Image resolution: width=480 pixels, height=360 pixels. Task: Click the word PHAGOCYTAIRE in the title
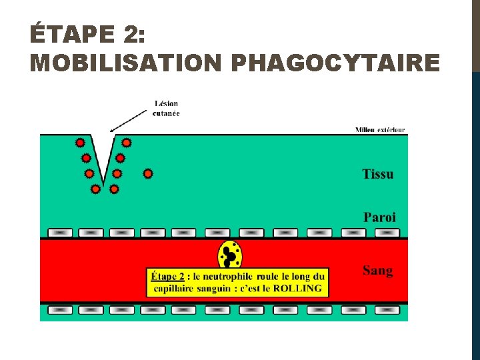click(335, 63)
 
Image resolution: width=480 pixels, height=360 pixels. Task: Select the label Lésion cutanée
click(166, 108)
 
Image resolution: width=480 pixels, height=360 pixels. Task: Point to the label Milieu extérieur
click(380, 129)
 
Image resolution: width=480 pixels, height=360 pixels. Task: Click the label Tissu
click(378, 175)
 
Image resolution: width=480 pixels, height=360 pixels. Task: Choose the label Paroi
click(379, 217)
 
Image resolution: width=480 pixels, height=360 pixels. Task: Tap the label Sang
click(377, 271)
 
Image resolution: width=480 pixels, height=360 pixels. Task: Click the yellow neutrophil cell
click(231, 255)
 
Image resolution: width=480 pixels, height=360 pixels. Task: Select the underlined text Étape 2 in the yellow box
click(168, 276)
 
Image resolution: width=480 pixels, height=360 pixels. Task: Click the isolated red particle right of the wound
click(148, 174)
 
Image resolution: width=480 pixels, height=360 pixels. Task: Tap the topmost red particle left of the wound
click(80, 143)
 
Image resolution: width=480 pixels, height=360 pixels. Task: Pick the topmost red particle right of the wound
click(126, 143)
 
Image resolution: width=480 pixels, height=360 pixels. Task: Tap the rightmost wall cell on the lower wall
click(387, 310)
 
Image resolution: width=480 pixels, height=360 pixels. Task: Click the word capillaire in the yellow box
click(175, 289)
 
